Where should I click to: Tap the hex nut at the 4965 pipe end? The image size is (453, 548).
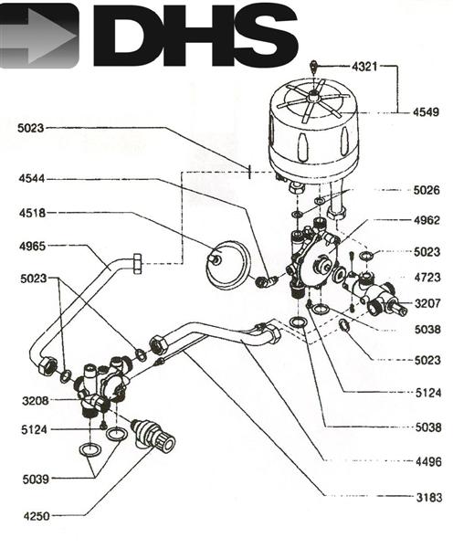[136, 263]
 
